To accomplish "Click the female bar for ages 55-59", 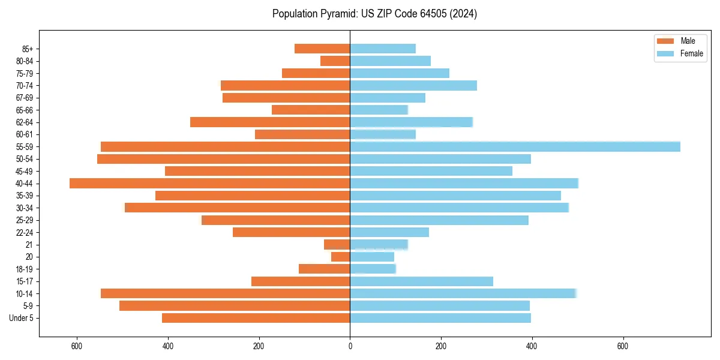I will (515, 146).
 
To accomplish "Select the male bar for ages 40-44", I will (210, 183).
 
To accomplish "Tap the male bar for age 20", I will (341, 257).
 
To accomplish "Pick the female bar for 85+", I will (383, 49).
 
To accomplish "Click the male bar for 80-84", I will (335, 61).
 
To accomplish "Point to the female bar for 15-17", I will (421, 281).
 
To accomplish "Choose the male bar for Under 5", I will (256, 318).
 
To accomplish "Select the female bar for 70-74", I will (413, 85).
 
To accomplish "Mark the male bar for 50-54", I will (224, 159).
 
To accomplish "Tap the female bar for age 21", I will (379, 244).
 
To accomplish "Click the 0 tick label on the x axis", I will (350, 346).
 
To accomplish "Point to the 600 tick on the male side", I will (77, 346).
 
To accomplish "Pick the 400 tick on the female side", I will (532, 346).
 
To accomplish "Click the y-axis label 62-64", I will (25, 122).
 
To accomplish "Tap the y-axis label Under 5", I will (22, 318).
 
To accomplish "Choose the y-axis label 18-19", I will (25, 269).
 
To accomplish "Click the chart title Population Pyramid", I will (374, 14).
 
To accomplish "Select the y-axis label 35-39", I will (25, 196).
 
